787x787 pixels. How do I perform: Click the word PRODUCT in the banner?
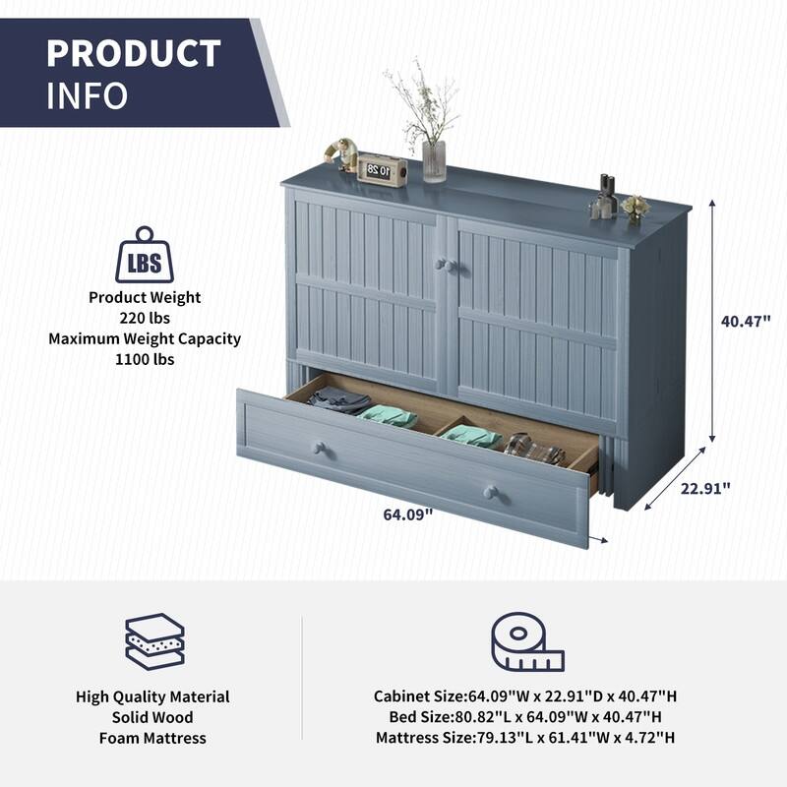pyautogui.click(x=134, y=53)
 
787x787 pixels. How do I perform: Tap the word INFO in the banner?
pyautogui.click(x=87, y=95)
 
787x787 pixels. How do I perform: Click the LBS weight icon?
pyautogui.click(x=145, y=255)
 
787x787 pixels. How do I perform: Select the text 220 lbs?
pyautogui.click(x=145, y=318)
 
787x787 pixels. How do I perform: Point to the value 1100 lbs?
pyautogui.click(x=145, y=359)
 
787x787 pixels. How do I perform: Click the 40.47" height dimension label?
pyautogui.click(x=746, y=322)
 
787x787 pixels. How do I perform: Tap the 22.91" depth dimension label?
pyautogui.click(x=705, y=488)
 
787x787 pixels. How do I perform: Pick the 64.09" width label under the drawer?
pyautogui.click(x=407, y=515)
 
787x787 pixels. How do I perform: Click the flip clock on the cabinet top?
pyautogui.click(x=382, y=170)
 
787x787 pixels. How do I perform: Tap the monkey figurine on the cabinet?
pyautogui.click(x=340, y=154)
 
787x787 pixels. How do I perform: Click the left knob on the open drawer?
pyautogui.click(x=320, y=448)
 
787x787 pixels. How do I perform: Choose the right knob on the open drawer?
pyautogui.click(x=490, y=492)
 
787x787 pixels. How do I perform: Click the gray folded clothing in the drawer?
pyautogui.click(x=338, y=400)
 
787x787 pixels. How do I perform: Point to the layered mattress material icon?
pyautogui.click(x=154, y=641)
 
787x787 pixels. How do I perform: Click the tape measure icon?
pyautogui.click(x=527, y=641)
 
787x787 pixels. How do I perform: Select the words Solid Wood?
pyautogui.click(x=152, y=717)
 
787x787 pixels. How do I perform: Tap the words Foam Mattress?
pyautogui.click(x=152, y=739)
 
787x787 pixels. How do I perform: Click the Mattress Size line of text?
pyautogui.click(x=525, y=737)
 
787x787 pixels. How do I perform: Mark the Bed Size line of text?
pyautogui.click(x=525, y=717)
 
